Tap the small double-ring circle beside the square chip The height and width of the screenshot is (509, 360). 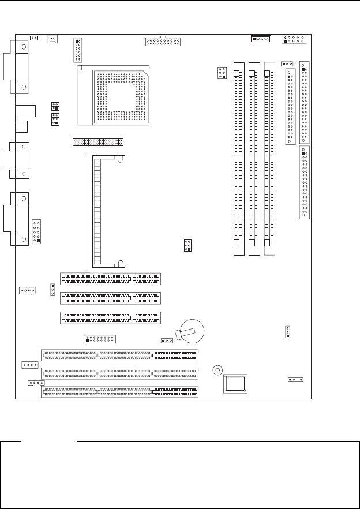coord(217,370)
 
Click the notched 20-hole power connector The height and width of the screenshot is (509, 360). coord(163,42)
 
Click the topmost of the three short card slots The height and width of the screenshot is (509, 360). coord(110,279)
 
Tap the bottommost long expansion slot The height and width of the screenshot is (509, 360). coord(119,392)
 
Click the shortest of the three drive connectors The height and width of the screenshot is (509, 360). coord(290,107)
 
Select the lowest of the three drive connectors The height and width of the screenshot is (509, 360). coord(304,182)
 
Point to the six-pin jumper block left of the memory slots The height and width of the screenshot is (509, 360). coord(222,73)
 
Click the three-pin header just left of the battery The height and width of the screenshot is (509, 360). coord(166,340)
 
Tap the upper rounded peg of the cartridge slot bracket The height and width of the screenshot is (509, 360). coord(119,160)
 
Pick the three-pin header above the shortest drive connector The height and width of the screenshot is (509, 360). coord(287,63)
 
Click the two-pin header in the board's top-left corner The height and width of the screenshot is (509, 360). coord(34,38)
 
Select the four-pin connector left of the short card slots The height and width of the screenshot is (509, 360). coord(27,291)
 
